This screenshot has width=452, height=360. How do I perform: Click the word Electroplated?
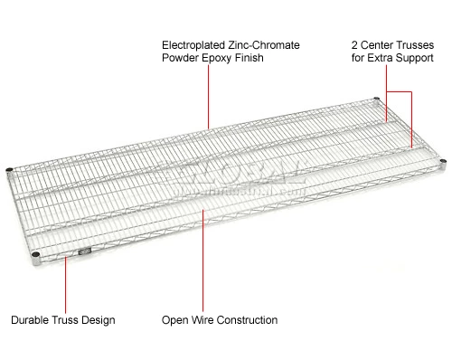[x=193, y=43]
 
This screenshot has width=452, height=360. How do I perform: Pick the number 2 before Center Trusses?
[x=354, y=43]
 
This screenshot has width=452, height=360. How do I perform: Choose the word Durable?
[x=31, y=320]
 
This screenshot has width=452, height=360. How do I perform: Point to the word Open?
[x=174, y=320]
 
